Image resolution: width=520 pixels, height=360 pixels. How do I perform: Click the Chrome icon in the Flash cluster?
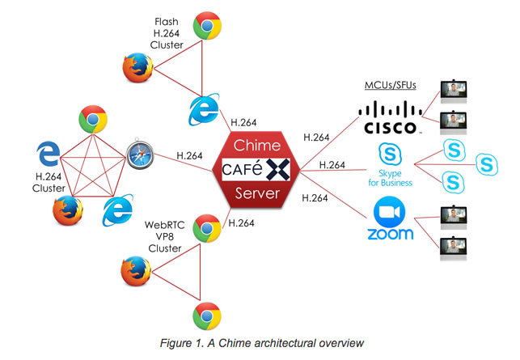(x=208, y=28)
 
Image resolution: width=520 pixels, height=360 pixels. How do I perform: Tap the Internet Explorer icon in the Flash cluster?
(x=203, y=109)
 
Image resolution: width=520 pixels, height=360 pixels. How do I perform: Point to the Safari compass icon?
(x=140, y=155)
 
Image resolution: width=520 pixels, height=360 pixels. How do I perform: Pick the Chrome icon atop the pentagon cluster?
(x=93, y=121)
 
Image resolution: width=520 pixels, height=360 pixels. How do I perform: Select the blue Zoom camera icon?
(x=389, y=214)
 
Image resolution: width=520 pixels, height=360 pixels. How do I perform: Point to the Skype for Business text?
(x=390, y=177)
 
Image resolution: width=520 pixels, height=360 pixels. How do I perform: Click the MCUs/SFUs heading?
(x=392, y=85)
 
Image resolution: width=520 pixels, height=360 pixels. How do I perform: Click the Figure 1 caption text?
(x=258, y=343)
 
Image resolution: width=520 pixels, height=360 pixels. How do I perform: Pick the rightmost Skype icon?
(x=488, y=163)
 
